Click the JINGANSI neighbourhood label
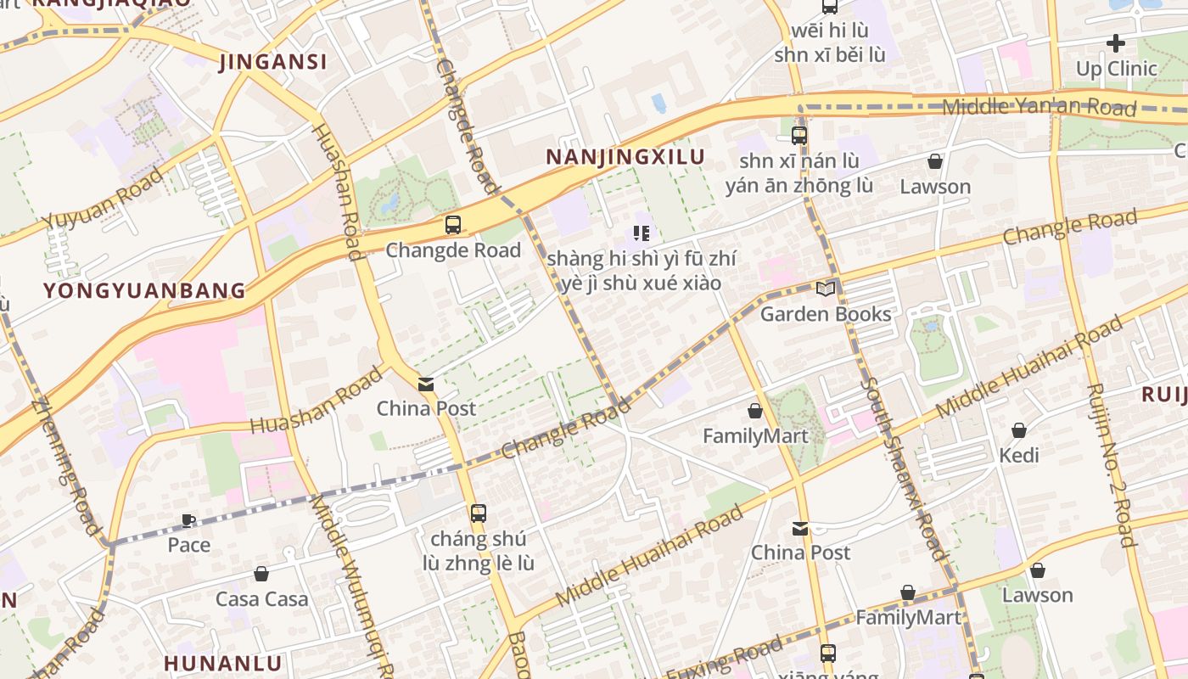click(x=272, y=62)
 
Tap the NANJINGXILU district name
click(x=625, y=157)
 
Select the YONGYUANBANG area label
click(x=144, y=291)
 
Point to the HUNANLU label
click(x=222, y=663)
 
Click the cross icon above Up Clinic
click(x=1116, y=42)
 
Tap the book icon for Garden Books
click(x=825, y=289)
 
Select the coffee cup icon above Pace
click(x=188, y=520)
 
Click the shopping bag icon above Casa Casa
click(x=261, y=575)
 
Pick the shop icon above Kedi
click(x=1018, y=431)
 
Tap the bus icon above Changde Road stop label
click(x=453, y=225)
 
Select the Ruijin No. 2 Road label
click(x=1109, y=465)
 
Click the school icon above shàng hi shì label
click(x=642, y=233)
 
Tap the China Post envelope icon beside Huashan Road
click(x=426, y=384)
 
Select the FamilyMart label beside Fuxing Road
click(x=907, y=618)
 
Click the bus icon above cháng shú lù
click(x=479, y=513)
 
